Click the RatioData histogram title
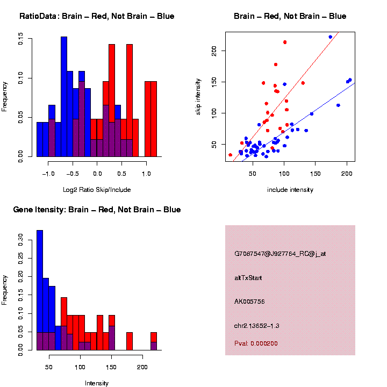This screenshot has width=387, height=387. click(96, 16)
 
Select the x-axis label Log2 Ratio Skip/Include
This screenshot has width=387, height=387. click(97, 189)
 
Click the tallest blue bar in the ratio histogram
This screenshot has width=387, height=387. click(64, 97)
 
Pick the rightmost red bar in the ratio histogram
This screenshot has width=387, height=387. click(154, 119)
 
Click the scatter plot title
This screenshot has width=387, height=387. click(290, 16)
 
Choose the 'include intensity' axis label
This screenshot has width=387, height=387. click(290, 190)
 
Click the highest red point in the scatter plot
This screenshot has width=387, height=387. click(285, 42)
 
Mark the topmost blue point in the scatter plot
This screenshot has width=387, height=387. click(330, 37)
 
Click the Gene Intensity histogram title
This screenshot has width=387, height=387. click(97, 210)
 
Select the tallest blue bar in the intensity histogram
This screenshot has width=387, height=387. click(40, 290)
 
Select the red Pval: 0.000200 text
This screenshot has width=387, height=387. click(256, 343)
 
